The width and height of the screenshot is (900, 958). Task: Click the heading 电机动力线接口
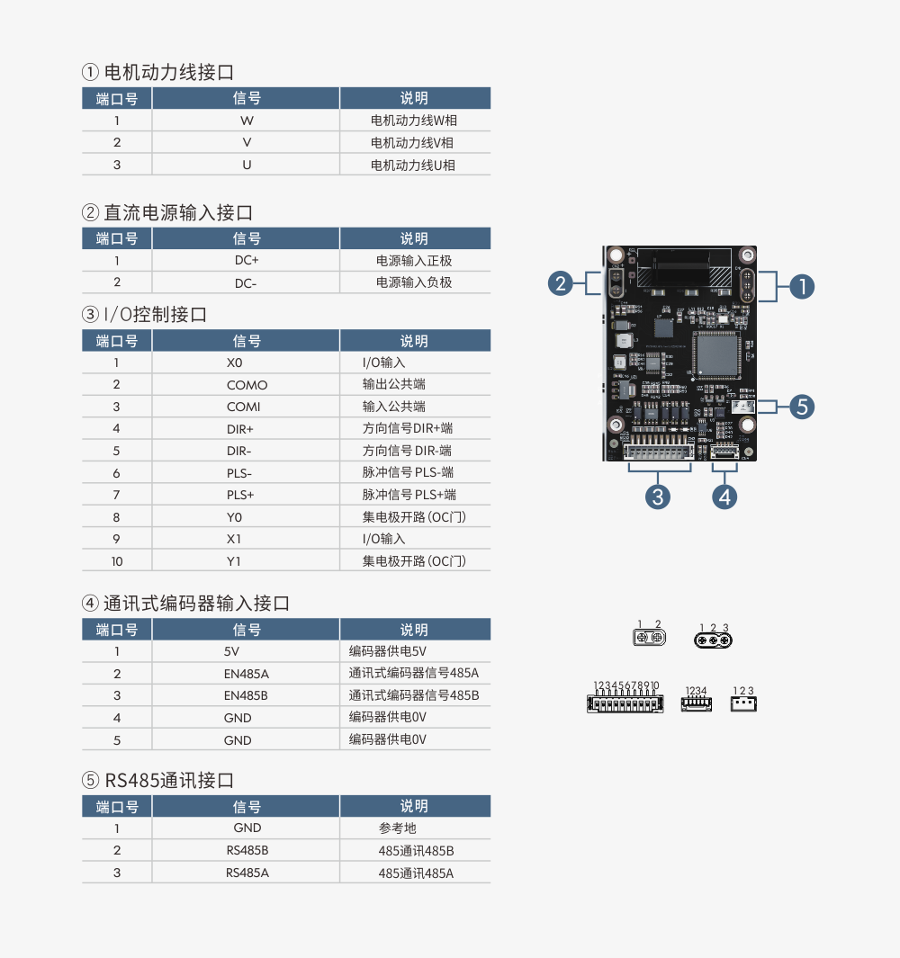point(169,72)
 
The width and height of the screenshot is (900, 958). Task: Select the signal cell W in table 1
point(247,121)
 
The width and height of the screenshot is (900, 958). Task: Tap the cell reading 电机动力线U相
point(413,165)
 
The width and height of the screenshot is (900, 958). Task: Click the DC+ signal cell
point(247,261)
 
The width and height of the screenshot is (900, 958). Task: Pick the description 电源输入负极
point(414,282)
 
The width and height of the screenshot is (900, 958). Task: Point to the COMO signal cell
point(247,385)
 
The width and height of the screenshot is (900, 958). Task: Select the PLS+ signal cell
point(240,495)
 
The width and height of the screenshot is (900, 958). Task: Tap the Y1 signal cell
point(235,561)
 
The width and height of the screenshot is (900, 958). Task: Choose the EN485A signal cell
point(247,674)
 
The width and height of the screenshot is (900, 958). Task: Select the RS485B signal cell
point(247,851)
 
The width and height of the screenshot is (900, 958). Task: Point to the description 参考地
point(397,828)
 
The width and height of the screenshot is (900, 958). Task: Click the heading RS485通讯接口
point(169,780)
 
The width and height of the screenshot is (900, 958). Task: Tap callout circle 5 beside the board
point(803,407)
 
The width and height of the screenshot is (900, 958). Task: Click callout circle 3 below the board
point(658,496)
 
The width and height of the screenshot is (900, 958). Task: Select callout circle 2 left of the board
point(561,284)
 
